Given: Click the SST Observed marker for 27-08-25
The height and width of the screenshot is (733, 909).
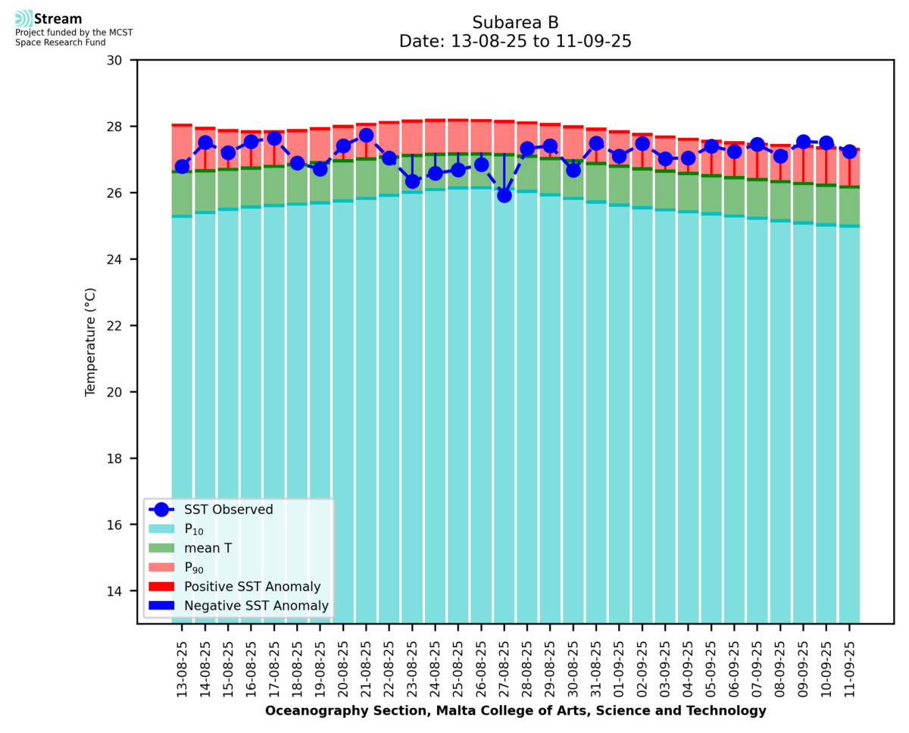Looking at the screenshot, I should coord(504,195).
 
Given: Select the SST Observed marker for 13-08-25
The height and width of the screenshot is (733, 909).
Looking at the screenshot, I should coord(182,167).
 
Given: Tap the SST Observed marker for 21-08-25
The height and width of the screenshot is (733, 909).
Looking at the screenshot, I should coord(366,136).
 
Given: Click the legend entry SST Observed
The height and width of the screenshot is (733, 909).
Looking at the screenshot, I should coord(228,510).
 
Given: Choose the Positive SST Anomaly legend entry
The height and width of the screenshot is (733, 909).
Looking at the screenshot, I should coord(252,587).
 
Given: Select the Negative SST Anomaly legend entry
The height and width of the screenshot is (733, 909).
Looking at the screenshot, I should coord(256,606).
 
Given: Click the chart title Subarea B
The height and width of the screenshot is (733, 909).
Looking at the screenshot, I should coord(515,23).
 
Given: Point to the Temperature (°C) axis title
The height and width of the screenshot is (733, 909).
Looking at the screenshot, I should coord(91,341).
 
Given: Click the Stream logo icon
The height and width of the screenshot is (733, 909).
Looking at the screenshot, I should coord(23,19).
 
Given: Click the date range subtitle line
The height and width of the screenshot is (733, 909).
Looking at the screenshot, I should coord(515,42).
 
